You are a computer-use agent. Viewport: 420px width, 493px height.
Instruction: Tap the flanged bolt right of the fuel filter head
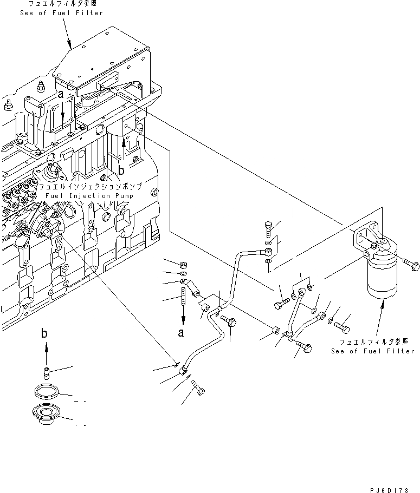point(410,264)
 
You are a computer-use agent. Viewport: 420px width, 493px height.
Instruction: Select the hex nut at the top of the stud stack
point(183,264)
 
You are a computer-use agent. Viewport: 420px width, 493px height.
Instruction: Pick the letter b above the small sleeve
point(45,334)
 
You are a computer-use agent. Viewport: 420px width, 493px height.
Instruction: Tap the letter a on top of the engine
point(62,94)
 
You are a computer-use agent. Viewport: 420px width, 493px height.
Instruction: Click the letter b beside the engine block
point(121,170)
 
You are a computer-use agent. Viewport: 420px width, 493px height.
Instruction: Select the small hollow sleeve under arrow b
point(47,372)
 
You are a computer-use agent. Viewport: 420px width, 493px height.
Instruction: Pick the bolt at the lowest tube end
point(199,389)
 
